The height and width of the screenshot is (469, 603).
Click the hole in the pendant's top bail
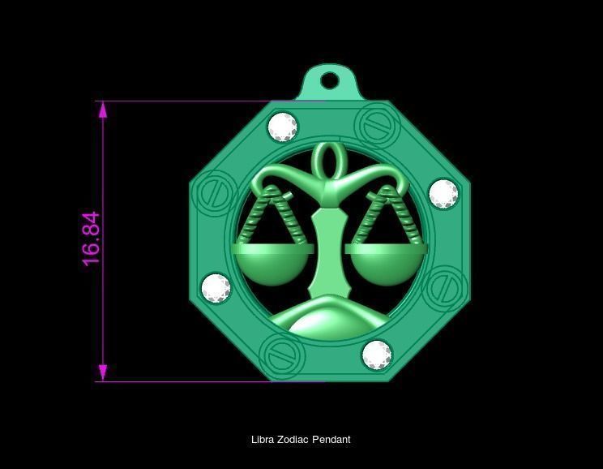pyautogui.click(x=329, y=81)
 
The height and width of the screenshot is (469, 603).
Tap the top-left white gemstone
pyautogui.click(x=283, y=127)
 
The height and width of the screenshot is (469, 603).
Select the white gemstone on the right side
pyautogui.click(x=443, y=194)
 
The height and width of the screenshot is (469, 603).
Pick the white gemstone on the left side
pyautogui.click(x=216, y=288)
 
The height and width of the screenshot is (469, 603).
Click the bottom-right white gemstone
pyautogui.click(x=377, y=355)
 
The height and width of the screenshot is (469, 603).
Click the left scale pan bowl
pyautogui.click(x=272, y=264)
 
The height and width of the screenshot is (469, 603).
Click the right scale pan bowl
pyautogui.click(x=385, y=264)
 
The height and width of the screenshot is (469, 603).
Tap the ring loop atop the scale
pyautogui.click(x=327, y=157)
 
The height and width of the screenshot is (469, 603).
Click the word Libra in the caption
pyautogui.click(x=263, y=440)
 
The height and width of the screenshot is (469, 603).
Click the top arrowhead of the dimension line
pyautogui.click(x=103, y=110)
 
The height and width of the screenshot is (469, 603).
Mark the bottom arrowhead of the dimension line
pyautogui.click(x=103, y=373)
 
